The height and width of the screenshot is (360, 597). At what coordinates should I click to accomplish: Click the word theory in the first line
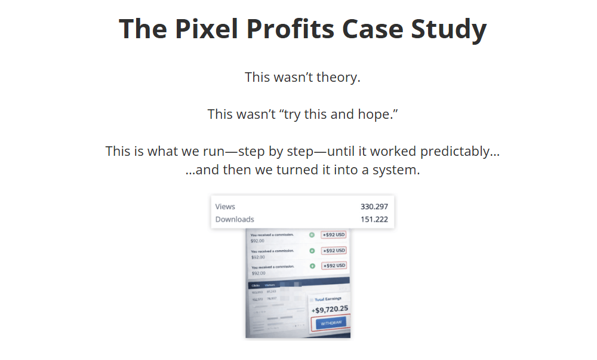pyautogui.click(x=338, y=77)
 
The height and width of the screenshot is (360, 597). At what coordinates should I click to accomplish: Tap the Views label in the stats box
pyautogui.click(x=225, y=207)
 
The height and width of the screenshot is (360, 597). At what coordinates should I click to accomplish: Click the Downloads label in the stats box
pyautogui.click(x=235, y=219)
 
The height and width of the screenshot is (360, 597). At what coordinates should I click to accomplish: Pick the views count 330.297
pyautogui.click(x=374, y=207)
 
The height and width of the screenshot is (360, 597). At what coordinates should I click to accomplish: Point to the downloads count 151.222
pyautogui.click(x=374, y=219)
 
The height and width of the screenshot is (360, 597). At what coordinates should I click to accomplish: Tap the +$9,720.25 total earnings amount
pyautogui.click(x=330, y=309)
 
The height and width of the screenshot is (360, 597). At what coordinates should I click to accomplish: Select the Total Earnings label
pyautogui.click(x=331, y=299)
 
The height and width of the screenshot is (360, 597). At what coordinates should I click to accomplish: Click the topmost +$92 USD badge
pyautogui.click(x=333, y=235)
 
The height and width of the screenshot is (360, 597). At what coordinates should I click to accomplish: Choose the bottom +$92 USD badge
pyautogui.click(x=333, y=266)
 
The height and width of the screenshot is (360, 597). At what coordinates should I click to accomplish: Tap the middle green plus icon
pyautogui.click(x=312, y=251)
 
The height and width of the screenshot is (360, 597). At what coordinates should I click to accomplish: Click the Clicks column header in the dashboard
pyautogui.click(x=256, y=285)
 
